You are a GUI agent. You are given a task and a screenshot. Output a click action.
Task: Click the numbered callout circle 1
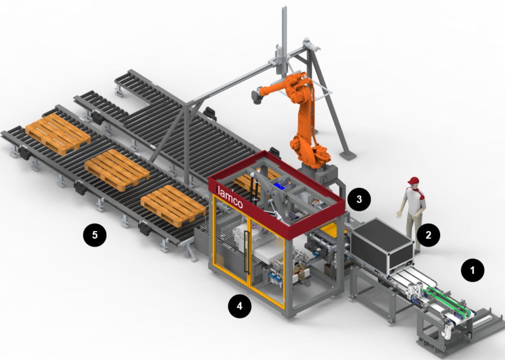pyautogui.click(x=472, y=270)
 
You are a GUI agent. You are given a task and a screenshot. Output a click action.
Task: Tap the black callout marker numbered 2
pyautogui.click(x=429, y=234)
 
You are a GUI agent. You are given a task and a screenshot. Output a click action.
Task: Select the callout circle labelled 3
pyautogui.click(x=359, y=199)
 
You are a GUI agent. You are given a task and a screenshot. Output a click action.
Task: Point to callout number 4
pyautogui.click(x=240, y=306)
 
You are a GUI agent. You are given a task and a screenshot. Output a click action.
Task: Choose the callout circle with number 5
pyautogui.click(x=95, y=235)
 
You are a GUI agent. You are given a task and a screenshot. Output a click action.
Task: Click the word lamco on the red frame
pyautogui.click(x=230, y=197)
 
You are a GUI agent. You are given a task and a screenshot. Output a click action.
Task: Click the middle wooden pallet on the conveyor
pyautogui.click(x=116, y=169)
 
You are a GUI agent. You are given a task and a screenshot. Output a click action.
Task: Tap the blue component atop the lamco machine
pyautogui.click(x=282, y=186)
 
